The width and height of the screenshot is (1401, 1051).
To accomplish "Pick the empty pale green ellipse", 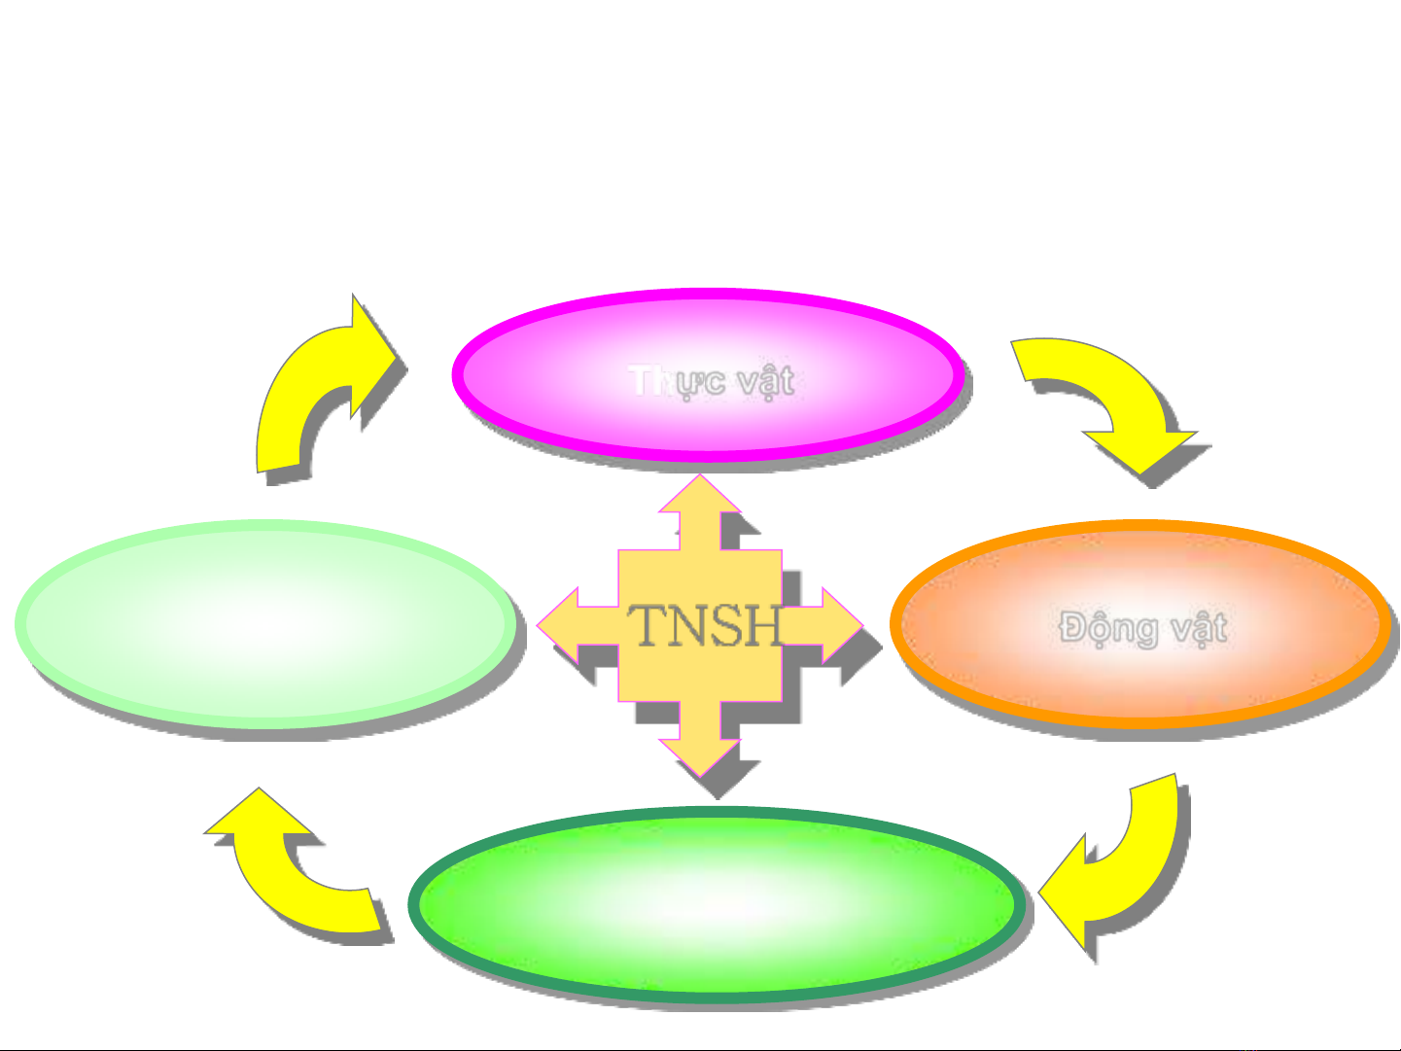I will (x=264, y=623).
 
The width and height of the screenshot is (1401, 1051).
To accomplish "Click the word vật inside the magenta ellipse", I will (x=765, y=380).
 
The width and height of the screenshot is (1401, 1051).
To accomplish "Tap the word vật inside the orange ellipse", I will (x=1198, y=628).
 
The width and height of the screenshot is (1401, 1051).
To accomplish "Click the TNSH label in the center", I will (x=705, y=625).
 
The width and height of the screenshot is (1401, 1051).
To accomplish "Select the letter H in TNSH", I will (x=762, y=625).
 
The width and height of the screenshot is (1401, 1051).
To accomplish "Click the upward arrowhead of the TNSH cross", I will (x=700, y=496).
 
